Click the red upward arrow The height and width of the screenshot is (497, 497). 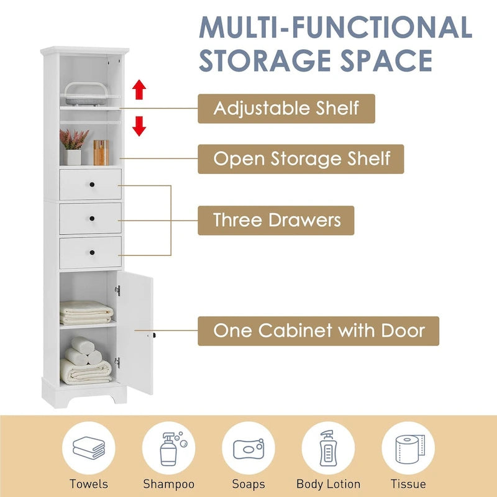pos(139,91)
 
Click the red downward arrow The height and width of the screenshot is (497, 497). pos(139,126)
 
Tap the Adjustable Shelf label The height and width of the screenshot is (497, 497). pos(286,108)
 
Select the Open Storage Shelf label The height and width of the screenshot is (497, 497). pos(301,158)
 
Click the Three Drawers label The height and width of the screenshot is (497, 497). pos(276,220)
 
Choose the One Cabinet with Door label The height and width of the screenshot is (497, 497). pos(318,331)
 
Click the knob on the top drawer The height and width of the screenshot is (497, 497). pos(91,185)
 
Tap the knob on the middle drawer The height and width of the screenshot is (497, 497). pos(91,218)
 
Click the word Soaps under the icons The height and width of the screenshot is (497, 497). pos(248,484)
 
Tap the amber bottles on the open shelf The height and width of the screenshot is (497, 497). pos(101,152)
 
